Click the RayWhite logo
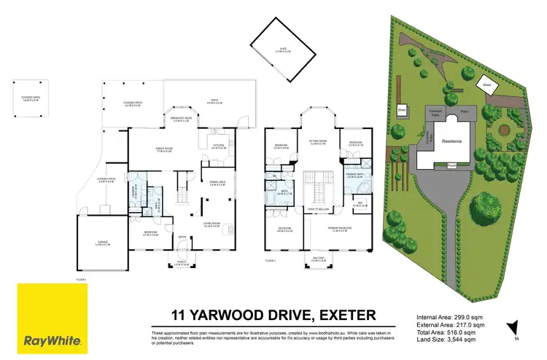click(x=52, y=318)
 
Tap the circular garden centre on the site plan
click(x=502, y=132)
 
